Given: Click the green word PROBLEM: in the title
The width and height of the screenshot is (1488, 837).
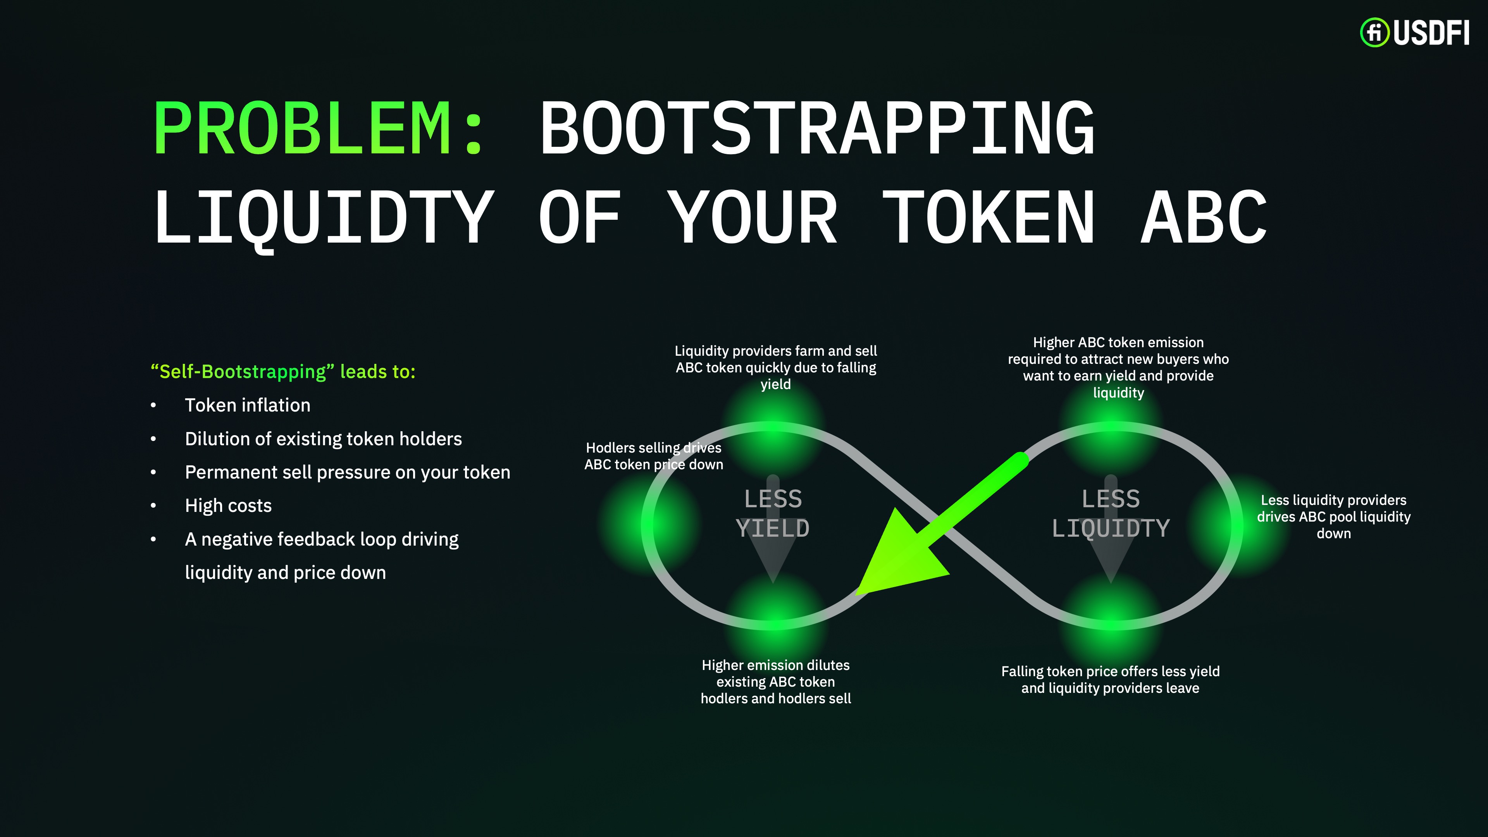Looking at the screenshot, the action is click(x=319, y=128).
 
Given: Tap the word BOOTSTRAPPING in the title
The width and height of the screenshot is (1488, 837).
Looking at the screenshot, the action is click(x=817, y=128).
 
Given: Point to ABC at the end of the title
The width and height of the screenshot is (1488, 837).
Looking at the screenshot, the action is click(x=1204, y=218).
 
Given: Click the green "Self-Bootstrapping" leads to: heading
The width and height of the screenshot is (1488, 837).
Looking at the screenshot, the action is click(x=283, y=372).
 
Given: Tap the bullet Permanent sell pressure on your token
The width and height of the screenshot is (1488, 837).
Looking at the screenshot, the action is click(x=348, y=472).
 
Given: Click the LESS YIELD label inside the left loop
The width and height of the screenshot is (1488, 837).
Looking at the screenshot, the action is click(x=773, y=513).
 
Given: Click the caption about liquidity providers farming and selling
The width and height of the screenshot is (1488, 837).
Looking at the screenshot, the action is click(x=776, y=367).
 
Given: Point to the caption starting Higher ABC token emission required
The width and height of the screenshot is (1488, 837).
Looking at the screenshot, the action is click(x=1118, y=367).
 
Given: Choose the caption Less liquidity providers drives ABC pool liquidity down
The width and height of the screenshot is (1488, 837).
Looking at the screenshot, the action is click(x=1334, y=517).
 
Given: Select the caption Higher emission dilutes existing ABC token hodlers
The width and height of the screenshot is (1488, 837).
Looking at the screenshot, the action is click(x=776, y=682).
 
